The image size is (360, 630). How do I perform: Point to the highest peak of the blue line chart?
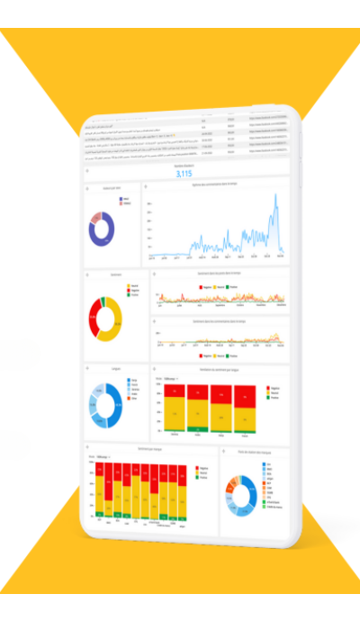click(x=274, y=200)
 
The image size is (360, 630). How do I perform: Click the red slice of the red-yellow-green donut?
click(x=92, y=319)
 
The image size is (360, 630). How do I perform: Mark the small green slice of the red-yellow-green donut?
click(x=103, y=301)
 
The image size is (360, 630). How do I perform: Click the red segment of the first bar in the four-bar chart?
click(x=173, y=392)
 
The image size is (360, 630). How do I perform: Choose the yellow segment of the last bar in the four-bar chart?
click(x=244, y=415)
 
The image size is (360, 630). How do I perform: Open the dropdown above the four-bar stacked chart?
click(x=168, y=379)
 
